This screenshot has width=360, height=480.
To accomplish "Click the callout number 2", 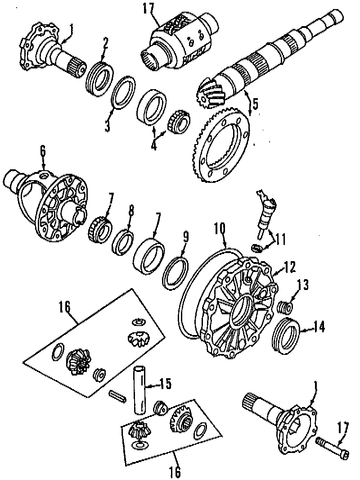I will pyautogui.click(x=105, y=43).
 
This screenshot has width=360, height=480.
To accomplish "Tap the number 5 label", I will pyautogui.click(x=255, y=104).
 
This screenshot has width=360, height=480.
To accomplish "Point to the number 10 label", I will pyautogui.click(x=219, y=229).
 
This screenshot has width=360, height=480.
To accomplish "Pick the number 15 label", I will pyautogui.click(x=166, y=384).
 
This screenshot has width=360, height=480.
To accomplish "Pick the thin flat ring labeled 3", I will pyautogui.click(x=123, y=93).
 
